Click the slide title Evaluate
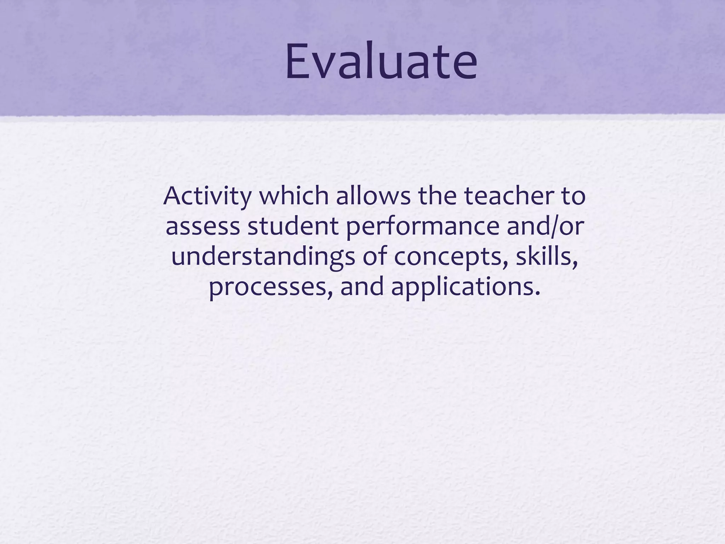[381, 61]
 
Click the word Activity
[207, 197]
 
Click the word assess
[202, 227]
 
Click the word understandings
[263, 257]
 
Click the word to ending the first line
[573, 197]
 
